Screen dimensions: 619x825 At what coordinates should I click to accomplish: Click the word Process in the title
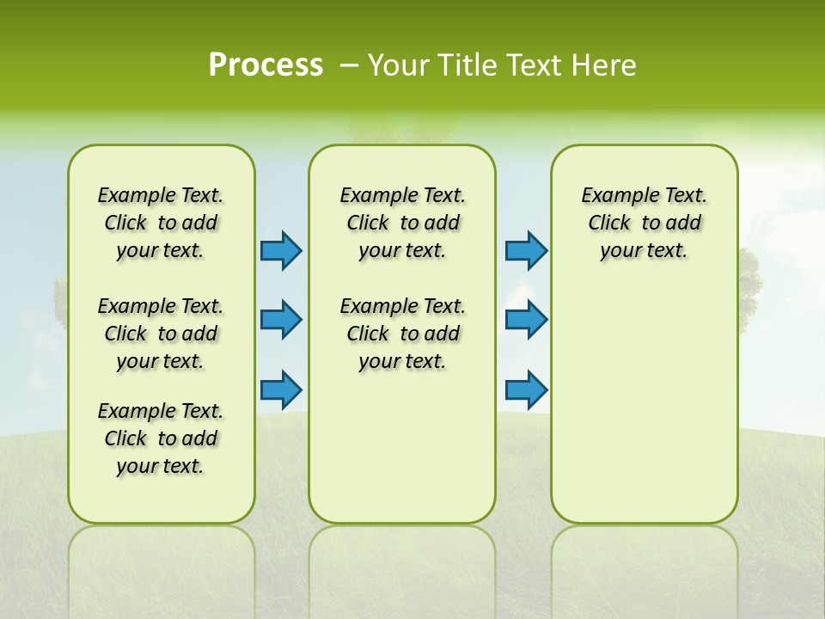pos(266,65)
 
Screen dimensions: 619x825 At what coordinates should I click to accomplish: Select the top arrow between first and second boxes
pos(281,250)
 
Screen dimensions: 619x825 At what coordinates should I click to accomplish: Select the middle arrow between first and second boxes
pos(281,320)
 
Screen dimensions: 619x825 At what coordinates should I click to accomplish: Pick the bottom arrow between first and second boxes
pos(281,389)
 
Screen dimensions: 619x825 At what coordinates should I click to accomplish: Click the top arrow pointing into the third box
pos(526,250)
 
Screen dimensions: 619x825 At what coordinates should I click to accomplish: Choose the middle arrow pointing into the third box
pos(526,320)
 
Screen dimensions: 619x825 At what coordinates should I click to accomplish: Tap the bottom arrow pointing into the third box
pos(526,389)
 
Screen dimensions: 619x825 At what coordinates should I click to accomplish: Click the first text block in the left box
pos(161,223)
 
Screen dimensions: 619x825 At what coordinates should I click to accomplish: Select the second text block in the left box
pos(161,334)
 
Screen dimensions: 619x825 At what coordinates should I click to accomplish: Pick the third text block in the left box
pos(161,438)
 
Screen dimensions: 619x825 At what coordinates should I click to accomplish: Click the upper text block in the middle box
pos(402,223)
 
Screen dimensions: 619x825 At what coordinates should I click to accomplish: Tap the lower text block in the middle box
pos(402,334)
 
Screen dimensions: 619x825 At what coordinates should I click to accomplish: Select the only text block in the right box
pos(644,223)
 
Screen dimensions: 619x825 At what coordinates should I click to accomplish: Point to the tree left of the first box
pos(60,301)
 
